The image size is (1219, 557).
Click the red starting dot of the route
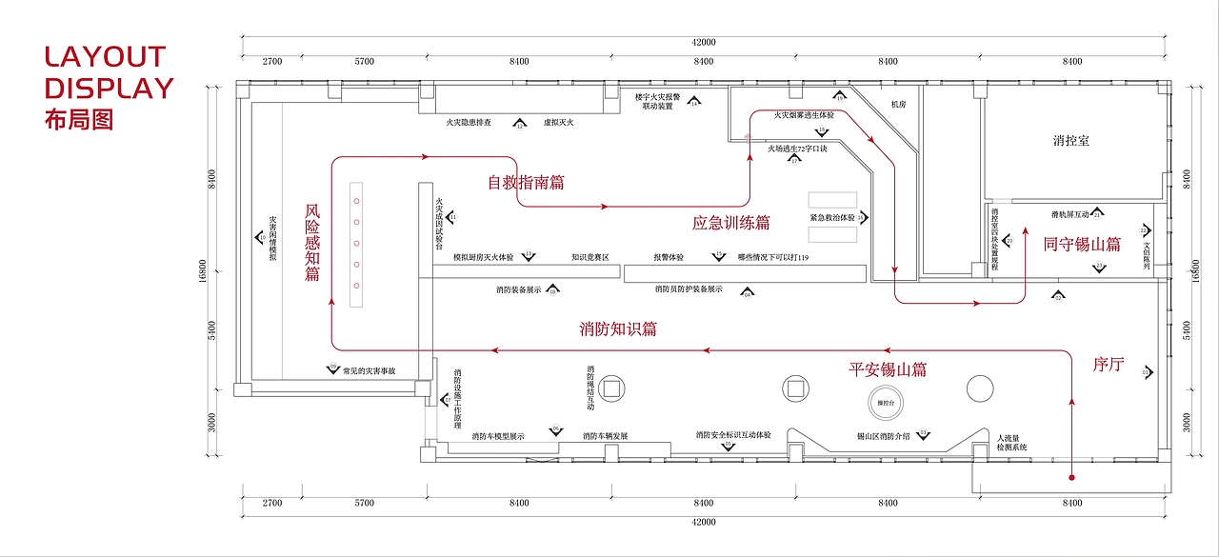[1072, 476]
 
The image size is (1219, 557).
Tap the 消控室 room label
[1071, 141]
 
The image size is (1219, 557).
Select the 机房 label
[899, 104]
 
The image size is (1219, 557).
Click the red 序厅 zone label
[1109, 364]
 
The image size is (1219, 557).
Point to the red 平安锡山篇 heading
[888, 369]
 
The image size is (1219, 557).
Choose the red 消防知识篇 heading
[617, 329]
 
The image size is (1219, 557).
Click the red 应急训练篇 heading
[730, 224]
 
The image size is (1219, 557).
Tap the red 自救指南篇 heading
[526, 182]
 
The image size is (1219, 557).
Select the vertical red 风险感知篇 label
[312, 243]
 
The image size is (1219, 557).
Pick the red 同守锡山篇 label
[1081, 244]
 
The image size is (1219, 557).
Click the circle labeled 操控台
[887, 403]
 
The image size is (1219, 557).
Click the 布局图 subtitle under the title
[78, 120]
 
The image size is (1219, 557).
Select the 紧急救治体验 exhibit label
[831, 218]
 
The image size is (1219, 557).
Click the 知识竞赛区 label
[590, 257]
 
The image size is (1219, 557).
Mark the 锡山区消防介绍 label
[883, 435]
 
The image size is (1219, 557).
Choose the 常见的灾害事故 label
[375, 371]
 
